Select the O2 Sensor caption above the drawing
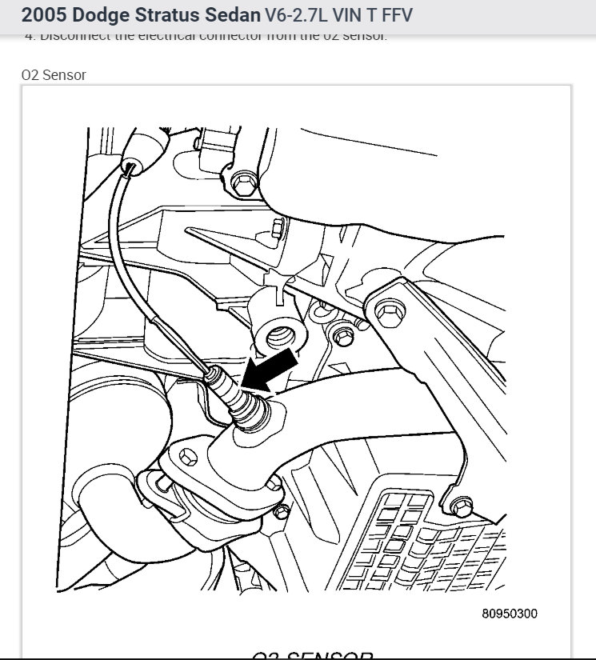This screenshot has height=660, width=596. [x=54, y=74]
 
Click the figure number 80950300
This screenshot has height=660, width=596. [x=510, y=614]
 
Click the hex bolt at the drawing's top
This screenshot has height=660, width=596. [x=241, y=186]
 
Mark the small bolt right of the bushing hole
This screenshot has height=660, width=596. [x=345, y=333]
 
